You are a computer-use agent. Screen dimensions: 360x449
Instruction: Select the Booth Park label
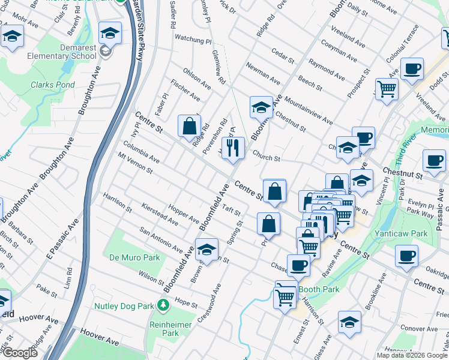click(x=319, y=289)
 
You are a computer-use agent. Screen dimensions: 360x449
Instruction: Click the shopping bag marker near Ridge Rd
click(x=189, y=127)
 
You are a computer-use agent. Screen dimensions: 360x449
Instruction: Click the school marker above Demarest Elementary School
click(x=110, y=33)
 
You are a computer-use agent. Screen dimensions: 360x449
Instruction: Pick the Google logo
click(x=20, y=353)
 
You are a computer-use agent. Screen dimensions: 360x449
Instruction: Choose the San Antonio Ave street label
click(x=161, y=239)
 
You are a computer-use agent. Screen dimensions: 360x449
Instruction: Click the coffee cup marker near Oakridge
click(x=406, y=256)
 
